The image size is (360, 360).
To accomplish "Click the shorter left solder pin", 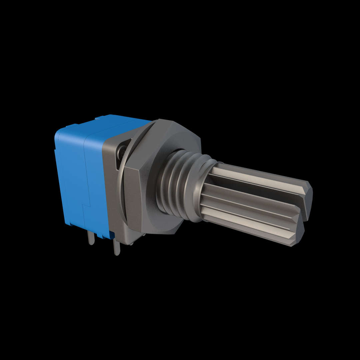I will pos(91,239).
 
